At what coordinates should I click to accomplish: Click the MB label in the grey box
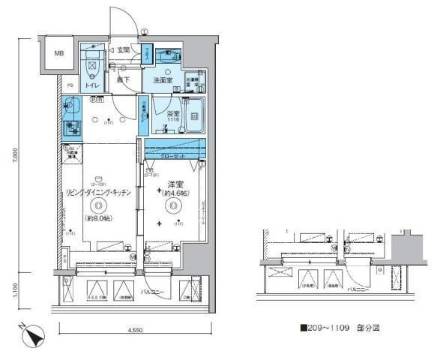point(58,54)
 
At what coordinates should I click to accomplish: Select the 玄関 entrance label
point(123,50)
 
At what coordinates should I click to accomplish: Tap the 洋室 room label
point(175,184)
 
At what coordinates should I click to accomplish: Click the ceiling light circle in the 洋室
point(175,203)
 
